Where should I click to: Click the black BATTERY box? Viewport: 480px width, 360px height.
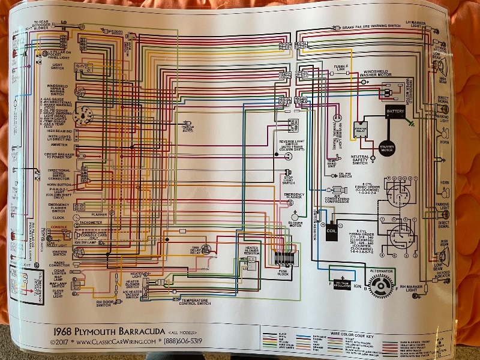(396, 112)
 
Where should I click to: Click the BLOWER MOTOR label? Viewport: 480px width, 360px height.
(295, 224)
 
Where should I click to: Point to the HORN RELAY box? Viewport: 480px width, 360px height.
(294, 125)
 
